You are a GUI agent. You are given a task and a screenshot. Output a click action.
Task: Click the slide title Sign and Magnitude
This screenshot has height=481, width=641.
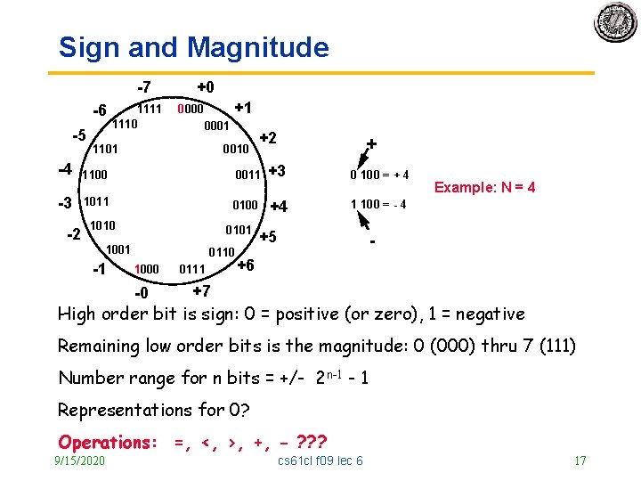[x=193, y=47]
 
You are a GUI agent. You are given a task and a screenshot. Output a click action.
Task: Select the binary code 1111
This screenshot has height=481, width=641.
[x=149, y=109]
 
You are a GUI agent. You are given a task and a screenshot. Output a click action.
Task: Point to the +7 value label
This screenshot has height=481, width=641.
[x=201, y=291]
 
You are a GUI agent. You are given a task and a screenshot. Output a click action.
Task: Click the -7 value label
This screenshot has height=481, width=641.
[x=142, y=87]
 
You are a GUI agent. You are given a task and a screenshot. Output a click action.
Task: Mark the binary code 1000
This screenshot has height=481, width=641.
[x=147, y=269]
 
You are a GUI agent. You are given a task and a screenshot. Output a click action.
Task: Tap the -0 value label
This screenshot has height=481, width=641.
[x=141, y=295]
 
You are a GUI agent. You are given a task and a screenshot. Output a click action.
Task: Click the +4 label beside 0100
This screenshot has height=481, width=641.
[x=279, y=207]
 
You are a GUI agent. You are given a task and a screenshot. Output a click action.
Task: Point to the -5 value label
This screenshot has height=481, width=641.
[x=79, y=136]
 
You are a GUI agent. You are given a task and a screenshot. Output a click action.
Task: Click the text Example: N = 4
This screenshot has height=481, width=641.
[x=484, y=187]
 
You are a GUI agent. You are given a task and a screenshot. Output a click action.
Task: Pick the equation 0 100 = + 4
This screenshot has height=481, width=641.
[x=379, y=174]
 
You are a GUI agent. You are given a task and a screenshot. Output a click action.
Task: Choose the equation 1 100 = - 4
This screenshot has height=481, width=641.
[x=378, y=204]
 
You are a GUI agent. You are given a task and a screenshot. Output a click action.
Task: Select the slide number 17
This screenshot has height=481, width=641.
[x=580, y=461]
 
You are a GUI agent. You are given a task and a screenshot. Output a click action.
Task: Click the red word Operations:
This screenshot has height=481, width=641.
[x=108, y=442]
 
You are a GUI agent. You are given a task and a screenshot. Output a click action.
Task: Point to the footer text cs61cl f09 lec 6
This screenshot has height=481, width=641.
[x=320, y=461]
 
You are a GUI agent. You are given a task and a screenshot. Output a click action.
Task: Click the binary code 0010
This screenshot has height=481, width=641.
[x=236, y=149]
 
